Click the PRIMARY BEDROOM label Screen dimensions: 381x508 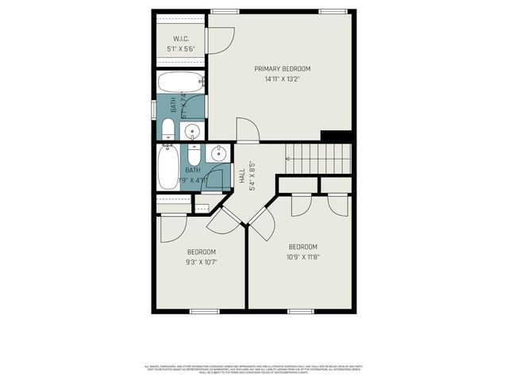point(282,69)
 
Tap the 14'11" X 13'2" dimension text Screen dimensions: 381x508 point(282,79)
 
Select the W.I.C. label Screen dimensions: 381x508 point(180,39)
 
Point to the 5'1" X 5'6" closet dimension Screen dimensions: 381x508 point(180,48)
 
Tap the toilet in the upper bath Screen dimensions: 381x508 point(168,129)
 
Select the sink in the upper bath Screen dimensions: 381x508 point(191,131)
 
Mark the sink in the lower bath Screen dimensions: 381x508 point(217,153)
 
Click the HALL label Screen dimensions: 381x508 point(242,178)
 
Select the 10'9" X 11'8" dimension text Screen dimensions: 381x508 point(302,256)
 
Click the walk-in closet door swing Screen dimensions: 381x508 point(220,40)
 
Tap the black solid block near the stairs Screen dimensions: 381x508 point(336,136)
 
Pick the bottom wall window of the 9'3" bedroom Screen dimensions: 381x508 point(204,311)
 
